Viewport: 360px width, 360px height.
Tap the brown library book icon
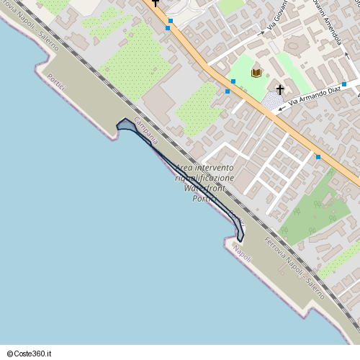256,73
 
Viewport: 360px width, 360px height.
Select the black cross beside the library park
281,89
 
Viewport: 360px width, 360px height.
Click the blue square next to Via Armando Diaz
344,84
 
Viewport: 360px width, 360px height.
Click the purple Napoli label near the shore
242,253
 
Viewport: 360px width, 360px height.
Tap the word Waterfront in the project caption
205,188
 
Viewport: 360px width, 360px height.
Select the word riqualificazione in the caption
205,178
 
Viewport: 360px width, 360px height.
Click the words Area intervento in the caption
205,168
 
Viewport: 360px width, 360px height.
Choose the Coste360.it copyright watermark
30,354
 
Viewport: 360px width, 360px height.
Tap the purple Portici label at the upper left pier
56,82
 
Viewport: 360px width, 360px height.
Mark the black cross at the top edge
155,3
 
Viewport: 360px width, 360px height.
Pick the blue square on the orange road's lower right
318,156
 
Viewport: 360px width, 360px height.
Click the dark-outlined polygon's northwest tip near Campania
120,124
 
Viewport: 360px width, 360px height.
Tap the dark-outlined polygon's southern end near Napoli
240,240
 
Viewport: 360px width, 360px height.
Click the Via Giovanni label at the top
277,16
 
